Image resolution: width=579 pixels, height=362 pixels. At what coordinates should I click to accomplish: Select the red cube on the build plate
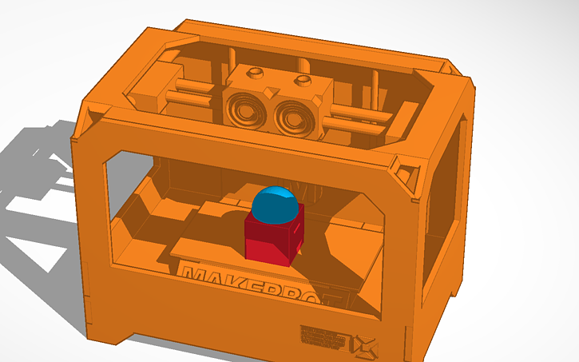click(x=272, y=240)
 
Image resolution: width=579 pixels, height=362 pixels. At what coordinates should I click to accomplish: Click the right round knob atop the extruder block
click(x=303, y=80)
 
